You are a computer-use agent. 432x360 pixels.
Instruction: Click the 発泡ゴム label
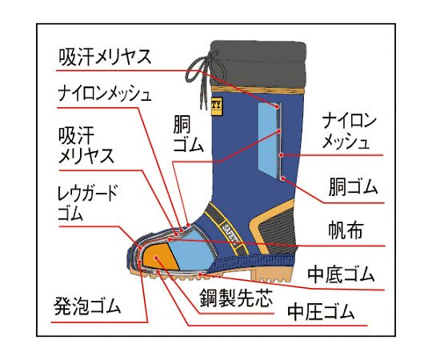(x=87, y=306)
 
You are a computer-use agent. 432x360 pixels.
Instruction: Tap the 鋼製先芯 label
(x=236, y=298)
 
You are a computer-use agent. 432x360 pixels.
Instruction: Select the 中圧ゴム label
(x=321, y=311)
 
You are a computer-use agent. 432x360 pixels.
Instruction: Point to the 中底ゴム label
(x=341, y=274)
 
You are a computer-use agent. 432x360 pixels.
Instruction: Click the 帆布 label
(x=346, y=230)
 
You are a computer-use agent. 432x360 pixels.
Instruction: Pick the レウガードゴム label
(x=88, y=202)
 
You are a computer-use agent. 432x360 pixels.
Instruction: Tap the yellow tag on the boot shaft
(x=216, y=106)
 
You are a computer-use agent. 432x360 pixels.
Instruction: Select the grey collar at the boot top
(x=258, y=64)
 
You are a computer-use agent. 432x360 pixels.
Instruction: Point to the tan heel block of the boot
(x=272, y=274)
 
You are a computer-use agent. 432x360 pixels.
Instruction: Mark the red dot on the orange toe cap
(x=156, y=258)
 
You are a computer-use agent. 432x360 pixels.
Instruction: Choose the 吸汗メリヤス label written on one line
(x=105, y=57)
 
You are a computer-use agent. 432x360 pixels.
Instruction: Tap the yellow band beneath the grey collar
(x=258, y=91)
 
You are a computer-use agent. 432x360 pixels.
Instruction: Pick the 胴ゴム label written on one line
(x=353, y=187)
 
